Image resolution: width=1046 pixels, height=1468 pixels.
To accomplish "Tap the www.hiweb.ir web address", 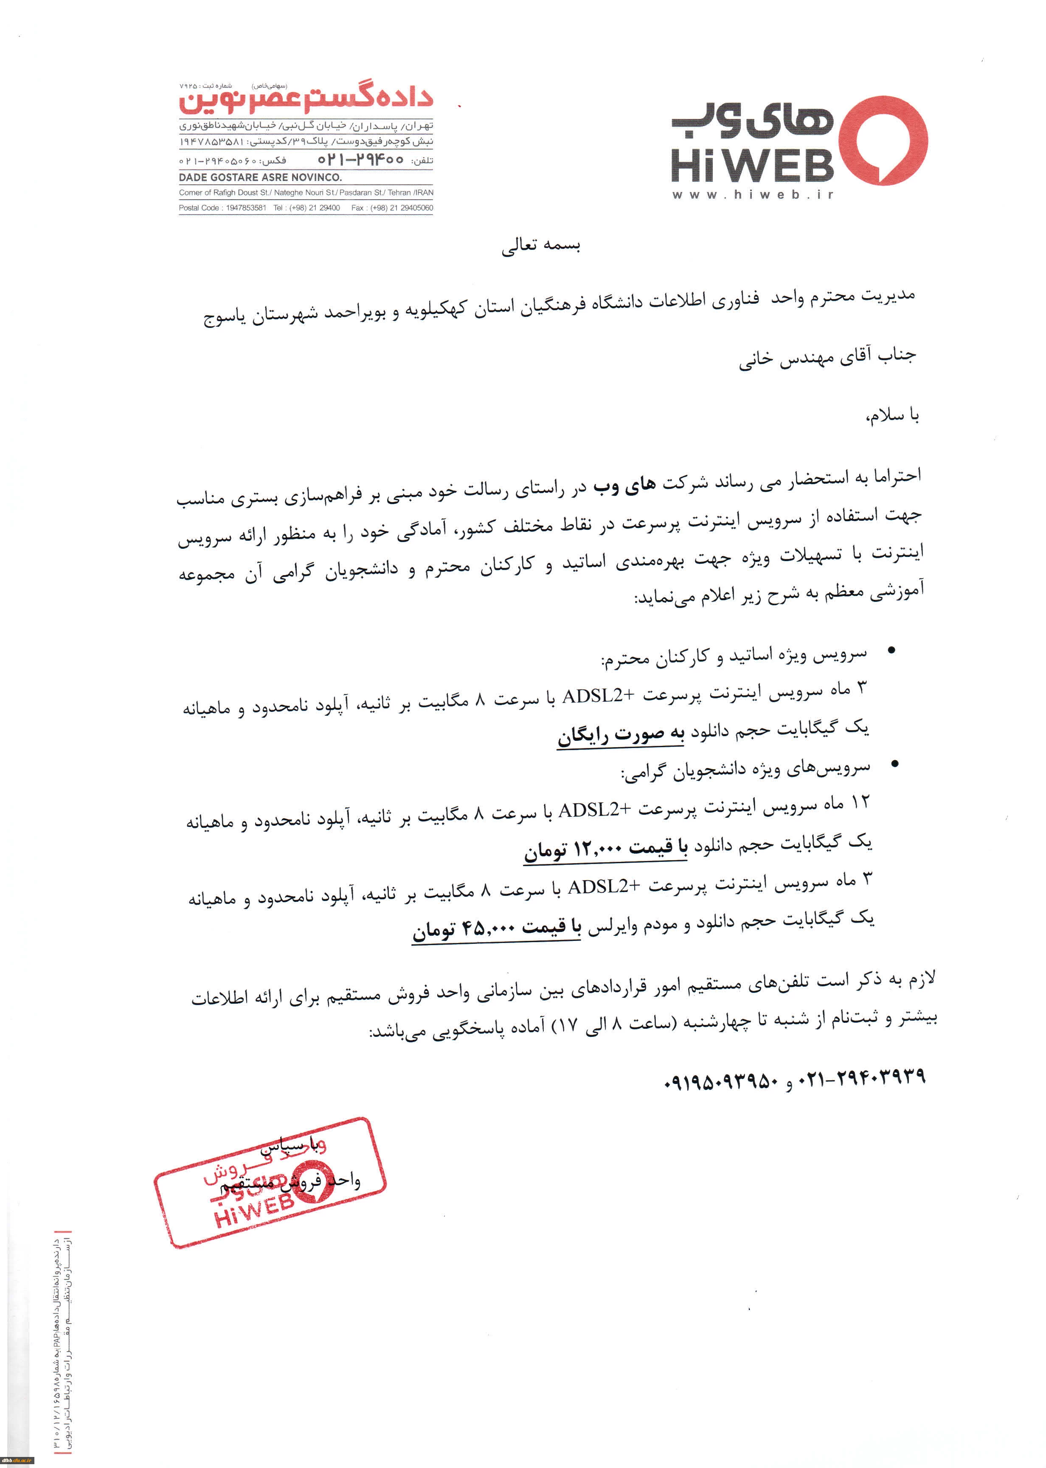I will (x=752, y=195).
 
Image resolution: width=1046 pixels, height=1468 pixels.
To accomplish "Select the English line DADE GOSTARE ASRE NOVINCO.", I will (x=260, y=177).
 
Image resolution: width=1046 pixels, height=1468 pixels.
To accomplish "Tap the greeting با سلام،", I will (x=892, y=416).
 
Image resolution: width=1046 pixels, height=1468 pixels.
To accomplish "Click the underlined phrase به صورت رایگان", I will (x=620, y=735).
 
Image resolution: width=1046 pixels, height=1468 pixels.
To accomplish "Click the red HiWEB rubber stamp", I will (x=269, y=1183).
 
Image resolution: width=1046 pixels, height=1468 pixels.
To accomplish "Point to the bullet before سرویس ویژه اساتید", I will (x=891, y=651).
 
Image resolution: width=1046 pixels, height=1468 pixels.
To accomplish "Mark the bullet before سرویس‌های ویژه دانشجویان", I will (x=894, y=764).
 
